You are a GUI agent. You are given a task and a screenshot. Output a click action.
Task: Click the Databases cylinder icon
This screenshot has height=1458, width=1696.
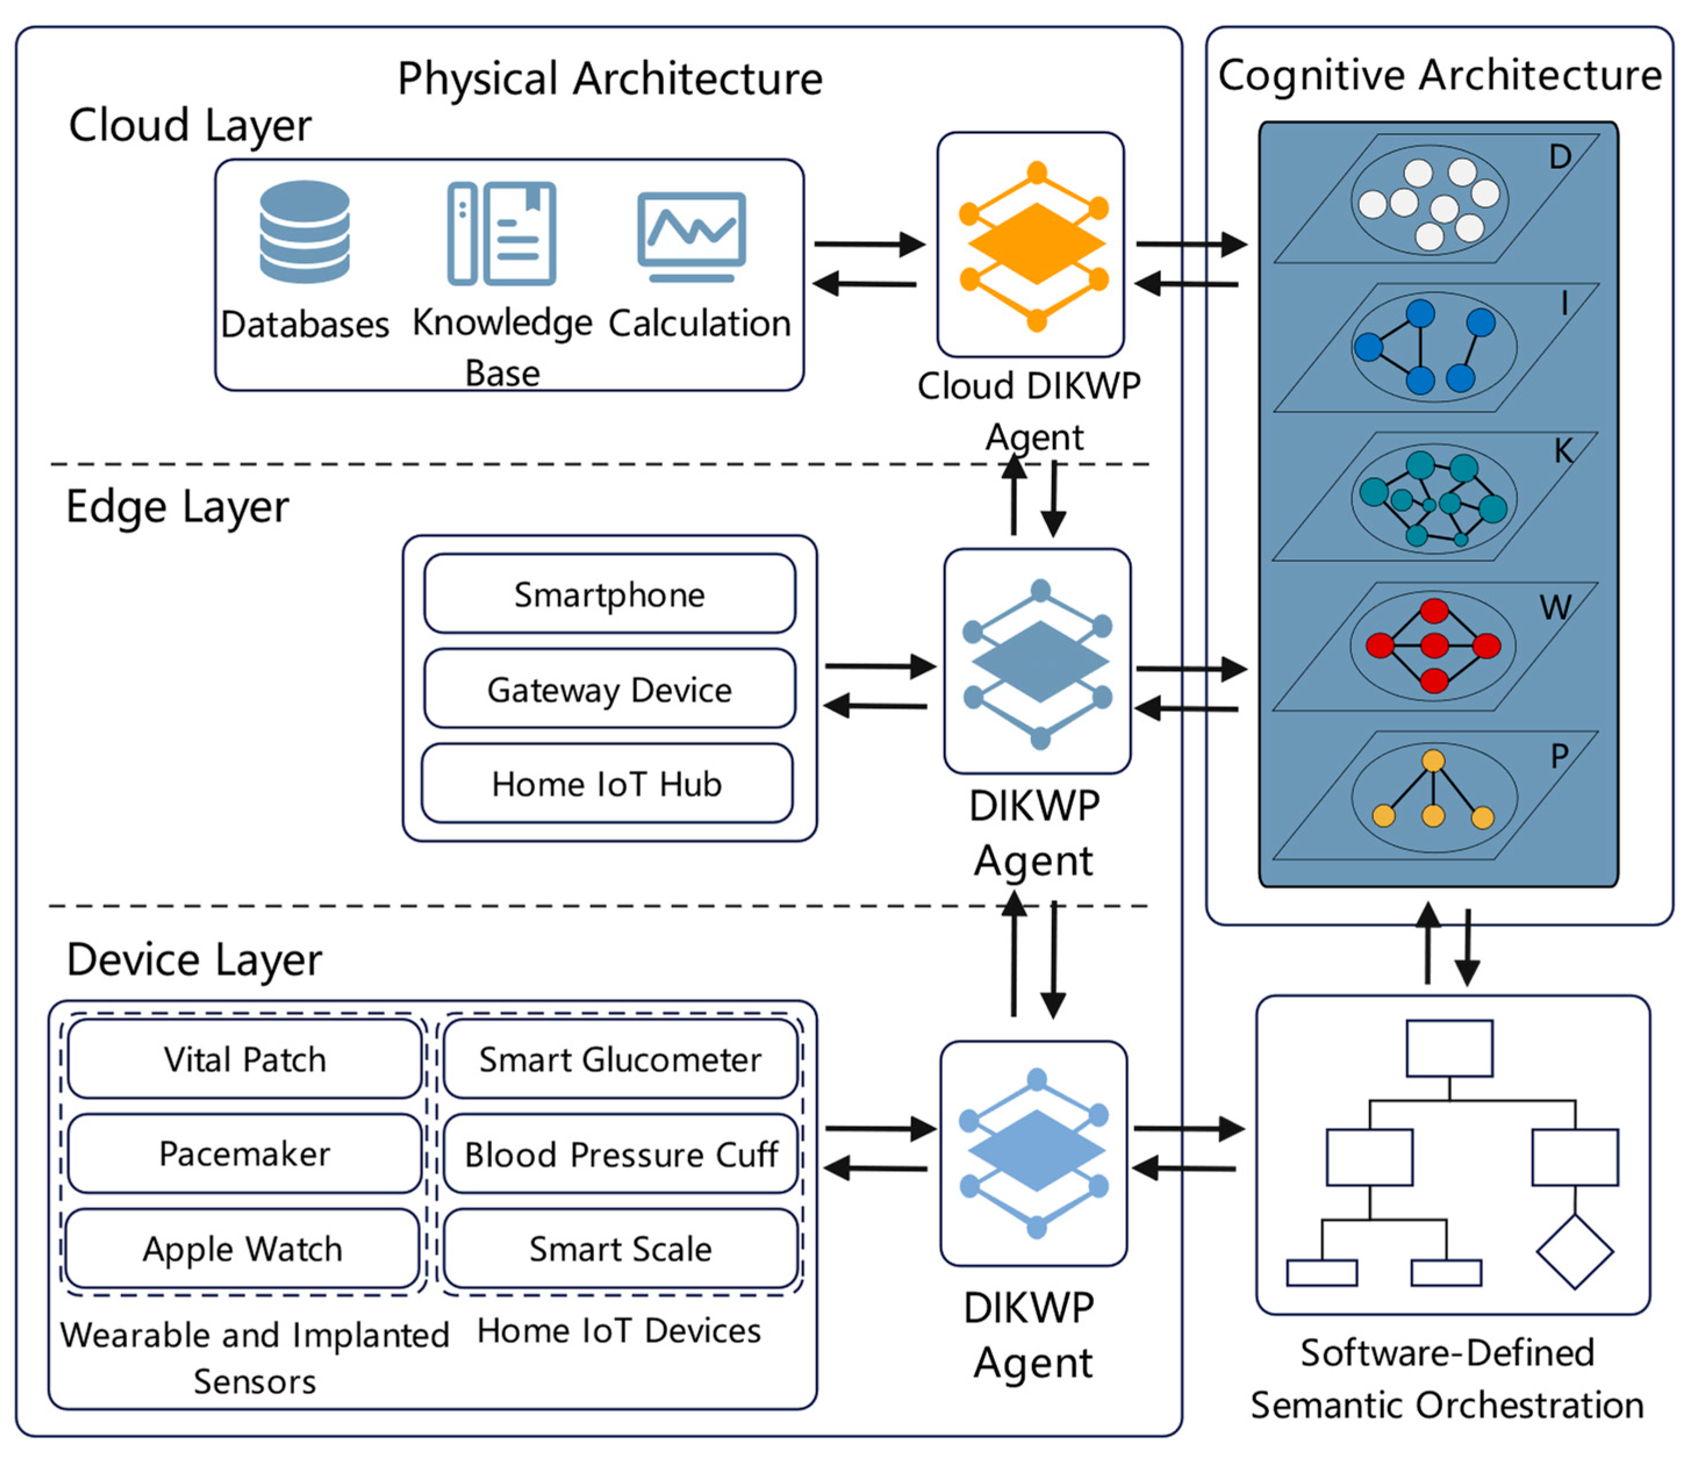[304, 232]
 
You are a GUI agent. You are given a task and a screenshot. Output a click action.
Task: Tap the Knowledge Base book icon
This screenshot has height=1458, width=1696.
[502, 234]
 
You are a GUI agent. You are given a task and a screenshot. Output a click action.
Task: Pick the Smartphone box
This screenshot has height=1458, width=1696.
[609, 594]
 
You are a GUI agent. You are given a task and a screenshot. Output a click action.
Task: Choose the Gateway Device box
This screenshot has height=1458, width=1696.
[609, 690]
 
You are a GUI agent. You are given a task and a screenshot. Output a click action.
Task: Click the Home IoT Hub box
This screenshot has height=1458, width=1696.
[606, 784]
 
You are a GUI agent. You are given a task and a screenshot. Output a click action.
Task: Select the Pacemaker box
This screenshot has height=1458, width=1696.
[245, 1154]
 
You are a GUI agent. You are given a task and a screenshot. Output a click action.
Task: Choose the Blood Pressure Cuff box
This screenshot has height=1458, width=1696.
[620, 1154]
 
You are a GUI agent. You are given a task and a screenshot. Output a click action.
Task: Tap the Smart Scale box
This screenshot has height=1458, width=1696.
[620, 1248]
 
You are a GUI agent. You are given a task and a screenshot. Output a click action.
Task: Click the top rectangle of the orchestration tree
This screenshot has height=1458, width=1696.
[1449, 1048]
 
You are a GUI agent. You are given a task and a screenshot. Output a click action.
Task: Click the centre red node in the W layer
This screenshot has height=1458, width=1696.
[1434, 646]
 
